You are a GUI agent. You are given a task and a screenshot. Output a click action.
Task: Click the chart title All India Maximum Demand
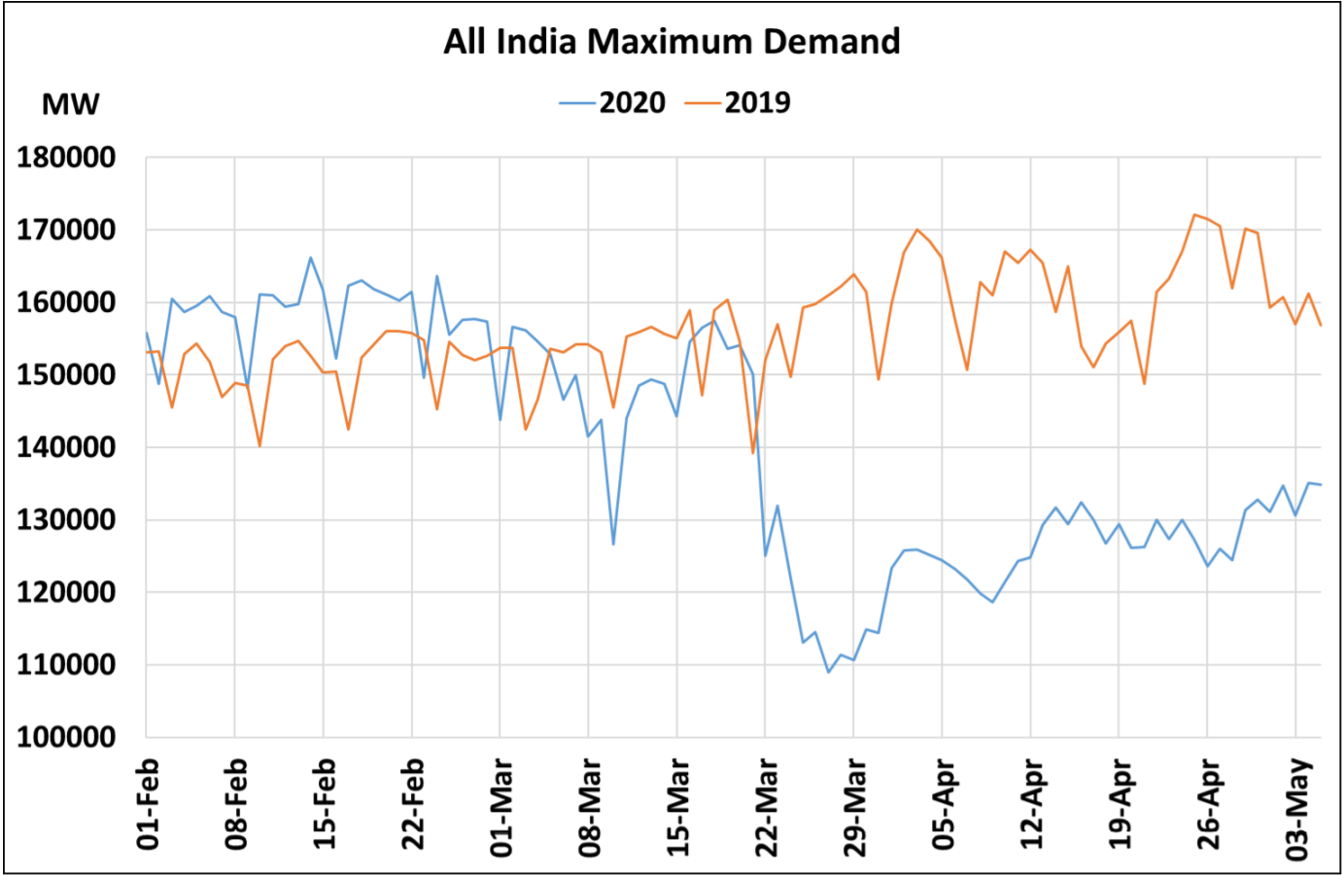pyautogui.click(x=672, y=42)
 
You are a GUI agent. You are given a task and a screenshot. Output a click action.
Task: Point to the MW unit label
pyautogui.click(x=70, y=105)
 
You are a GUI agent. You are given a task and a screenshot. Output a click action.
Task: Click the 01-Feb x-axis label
pyautogui.click(x=149, y=804)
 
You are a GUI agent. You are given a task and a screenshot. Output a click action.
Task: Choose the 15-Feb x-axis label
pyautogui.click(x=326, y=805)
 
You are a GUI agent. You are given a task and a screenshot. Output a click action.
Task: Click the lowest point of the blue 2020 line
pyautogui.click(x=829, y=672)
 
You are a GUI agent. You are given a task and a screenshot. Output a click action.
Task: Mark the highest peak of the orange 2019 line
pyautogui.click(x=1194, y=214)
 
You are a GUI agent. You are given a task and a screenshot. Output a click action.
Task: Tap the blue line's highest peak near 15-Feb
pyautogui.click(x=310, y=258)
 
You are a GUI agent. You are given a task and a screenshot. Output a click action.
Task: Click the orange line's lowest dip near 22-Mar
pyautogui.click(x=753, y=453)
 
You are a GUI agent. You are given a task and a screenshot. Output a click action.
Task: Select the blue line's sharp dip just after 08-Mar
pyautogui.click(x=613, y=543)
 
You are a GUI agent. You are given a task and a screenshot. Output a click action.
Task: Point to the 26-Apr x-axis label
pyautogui.click(x=1209, y=805)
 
